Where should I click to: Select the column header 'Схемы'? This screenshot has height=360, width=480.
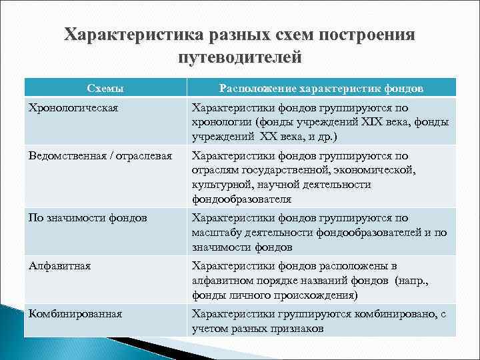click(106, 88)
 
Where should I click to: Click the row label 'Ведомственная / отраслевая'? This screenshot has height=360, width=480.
click(100, 156)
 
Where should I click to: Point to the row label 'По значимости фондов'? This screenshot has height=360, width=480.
click(87, 218)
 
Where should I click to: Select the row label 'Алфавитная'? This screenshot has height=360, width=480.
click(59, 265)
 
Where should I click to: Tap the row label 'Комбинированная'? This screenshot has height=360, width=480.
click(75, 313)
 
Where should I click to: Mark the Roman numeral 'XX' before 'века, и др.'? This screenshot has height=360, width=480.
click(266, 137)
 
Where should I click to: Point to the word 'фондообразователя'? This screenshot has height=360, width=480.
click(241, 199)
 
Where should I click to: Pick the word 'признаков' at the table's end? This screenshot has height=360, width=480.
click(298, 329)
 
